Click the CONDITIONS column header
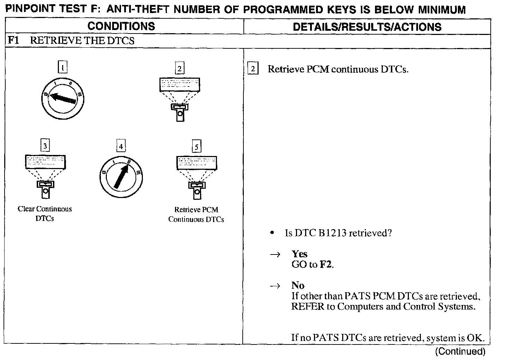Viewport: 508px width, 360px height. [121, 26]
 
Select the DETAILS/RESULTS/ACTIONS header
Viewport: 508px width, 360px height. [367, 27]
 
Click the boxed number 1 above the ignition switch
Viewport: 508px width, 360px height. [62, 67]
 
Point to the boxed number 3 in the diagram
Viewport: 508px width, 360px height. [45, 145]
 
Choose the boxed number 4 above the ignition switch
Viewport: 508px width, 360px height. [121, 146]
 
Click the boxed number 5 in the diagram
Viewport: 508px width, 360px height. [196, 146]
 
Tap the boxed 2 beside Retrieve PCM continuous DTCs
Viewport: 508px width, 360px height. [253, 68]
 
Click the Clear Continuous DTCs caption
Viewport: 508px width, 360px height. [45, 214]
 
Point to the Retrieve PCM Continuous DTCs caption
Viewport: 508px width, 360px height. [196, 214]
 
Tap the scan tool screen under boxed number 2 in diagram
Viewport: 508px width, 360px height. [180, 85]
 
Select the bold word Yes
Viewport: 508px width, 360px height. [299, 254]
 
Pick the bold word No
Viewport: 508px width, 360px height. [298, 285]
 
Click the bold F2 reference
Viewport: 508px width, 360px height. [326, 264]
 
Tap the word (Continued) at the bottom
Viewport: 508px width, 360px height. [460, 351]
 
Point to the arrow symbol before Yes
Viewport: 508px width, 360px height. [275, 254]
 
